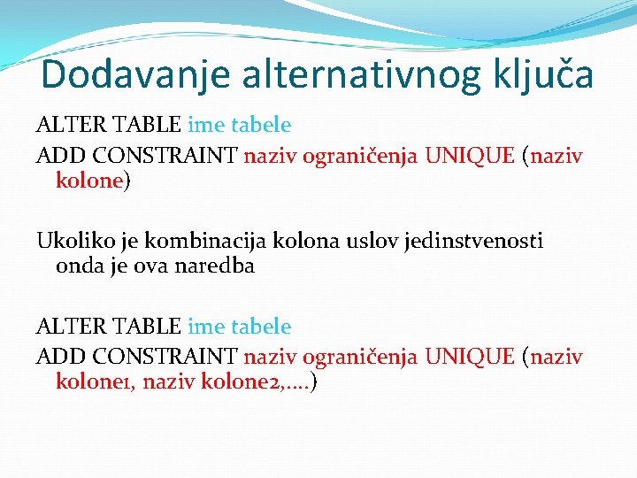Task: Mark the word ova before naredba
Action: pos(156,266)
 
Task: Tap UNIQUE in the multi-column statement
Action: pos(470,357)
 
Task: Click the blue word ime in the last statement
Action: pos(206,327)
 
